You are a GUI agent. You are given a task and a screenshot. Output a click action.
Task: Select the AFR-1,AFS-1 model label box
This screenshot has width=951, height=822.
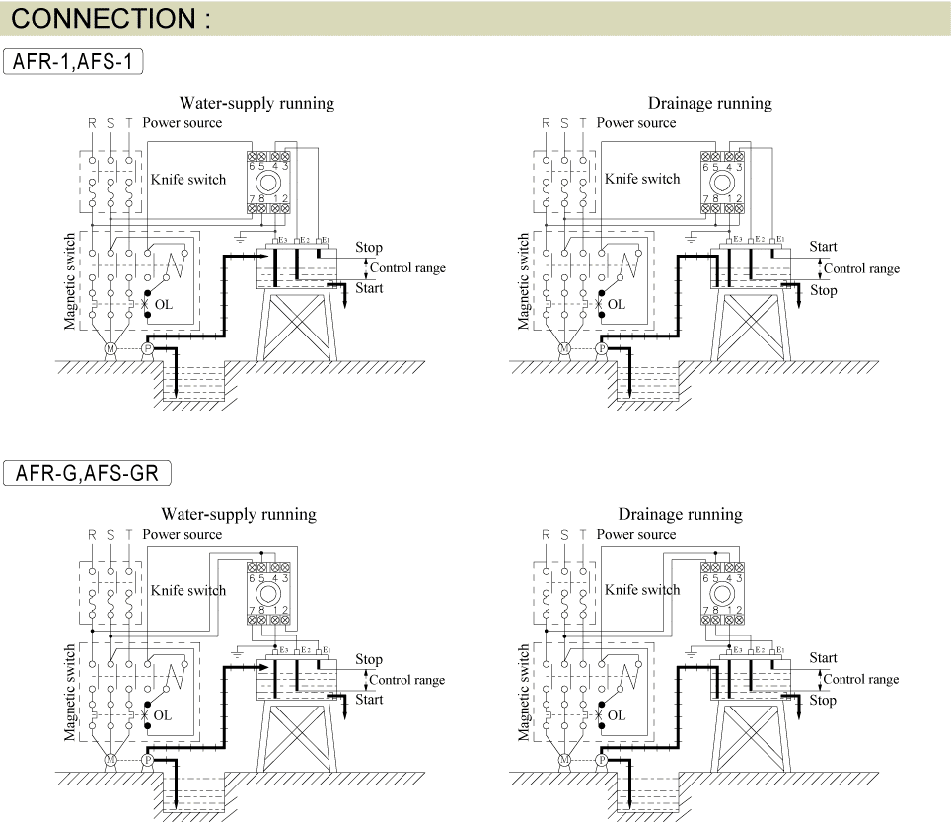(73, 61)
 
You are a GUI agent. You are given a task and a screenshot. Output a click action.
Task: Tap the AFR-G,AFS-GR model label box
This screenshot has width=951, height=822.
(87, 473)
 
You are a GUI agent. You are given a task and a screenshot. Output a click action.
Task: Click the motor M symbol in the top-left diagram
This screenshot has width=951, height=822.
(110, 348)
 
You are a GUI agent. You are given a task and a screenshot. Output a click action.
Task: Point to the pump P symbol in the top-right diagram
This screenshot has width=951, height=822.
(602, 348)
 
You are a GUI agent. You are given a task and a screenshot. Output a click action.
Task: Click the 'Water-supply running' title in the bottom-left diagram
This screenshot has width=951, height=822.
(239, 514)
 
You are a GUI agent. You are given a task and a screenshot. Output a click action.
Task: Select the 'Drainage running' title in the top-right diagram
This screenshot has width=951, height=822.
(710, 104)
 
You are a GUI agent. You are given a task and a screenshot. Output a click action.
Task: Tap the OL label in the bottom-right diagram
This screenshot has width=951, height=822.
(617, 715)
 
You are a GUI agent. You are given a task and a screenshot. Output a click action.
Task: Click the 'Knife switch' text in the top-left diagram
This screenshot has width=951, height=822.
(188, 180)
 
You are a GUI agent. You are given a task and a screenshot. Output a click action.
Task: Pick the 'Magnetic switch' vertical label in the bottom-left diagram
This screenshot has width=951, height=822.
(70, 692)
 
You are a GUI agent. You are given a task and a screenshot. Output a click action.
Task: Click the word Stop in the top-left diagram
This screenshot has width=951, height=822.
(369, 248)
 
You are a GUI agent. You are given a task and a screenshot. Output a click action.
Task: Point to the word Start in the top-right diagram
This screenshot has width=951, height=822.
(823, 247)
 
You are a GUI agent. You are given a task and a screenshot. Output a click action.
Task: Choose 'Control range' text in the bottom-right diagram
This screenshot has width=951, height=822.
(861, 680)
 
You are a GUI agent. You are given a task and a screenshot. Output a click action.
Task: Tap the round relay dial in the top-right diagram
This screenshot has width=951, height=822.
(722, 182)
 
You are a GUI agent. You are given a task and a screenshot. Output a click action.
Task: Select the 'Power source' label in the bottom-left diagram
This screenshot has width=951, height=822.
(182, 535)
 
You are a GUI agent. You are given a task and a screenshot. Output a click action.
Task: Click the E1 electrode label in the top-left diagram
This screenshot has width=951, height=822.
(326, 240)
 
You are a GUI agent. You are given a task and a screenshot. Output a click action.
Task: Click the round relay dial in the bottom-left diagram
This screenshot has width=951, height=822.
(268, 593)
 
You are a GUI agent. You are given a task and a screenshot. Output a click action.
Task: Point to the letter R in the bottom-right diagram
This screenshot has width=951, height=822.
(546, 535)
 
